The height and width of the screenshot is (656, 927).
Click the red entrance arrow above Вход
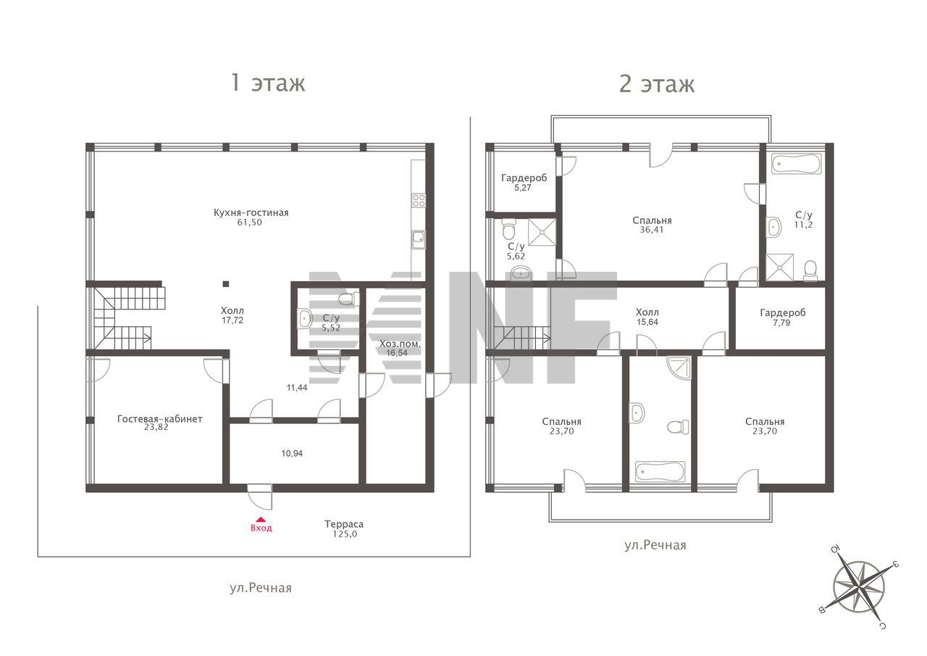(x=260, y=519)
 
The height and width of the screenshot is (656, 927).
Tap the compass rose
(x=859, y=587)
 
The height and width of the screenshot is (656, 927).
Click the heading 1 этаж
(x=268, y=83)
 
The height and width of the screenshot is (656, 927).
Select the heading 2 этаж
(x=657, y=83)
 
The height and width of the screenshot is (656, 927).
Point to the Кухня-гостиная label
(x=251, y=213)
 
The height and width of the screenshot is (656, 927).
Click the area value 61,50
(x=250, y=223)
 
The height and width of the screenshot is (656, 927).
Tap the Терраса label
(x=344, y=524)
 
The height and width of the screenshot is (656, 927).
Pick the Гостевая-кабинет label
(x=160, y=419)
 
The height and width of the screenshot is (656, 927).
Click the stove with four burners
(x=419, y=201)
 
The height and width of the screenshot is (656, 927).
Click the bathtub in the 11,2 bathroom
(x=797, y=164)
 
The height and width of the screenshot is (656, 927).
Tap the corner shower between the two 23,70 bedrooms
(x=679, y=368)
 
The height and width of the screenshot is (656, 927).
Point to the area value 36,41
(x=651, y=230)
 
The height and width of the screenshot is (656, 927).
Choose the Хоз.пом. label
(x=400, y=344)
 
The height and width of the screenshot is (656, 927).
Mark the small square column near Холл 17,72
(x=225, y=284)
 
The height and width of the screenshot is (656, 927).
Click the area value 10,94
(x=292, y=454)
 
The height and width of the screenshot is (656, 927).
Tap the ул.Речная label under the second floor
(x=655, y=545)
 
